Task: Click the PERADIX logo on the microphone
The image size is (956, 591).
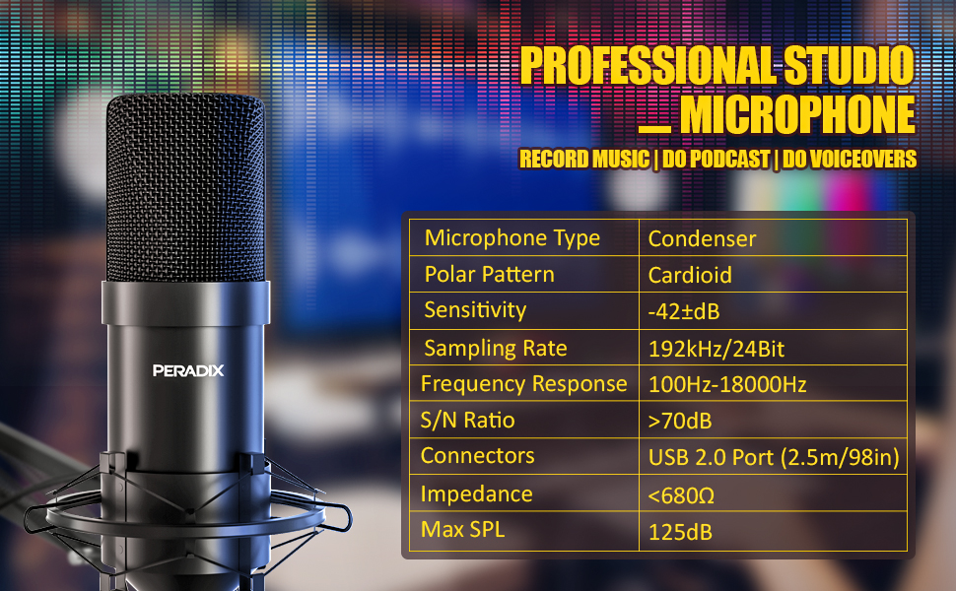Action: tap(188, 370)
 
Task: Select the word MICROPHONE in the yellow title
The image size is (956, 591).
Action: tap(796, 115)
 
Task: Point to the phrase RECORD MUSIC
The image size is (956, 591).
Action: tap(584, 160)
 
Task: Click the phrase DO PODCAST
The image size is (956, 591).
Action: tap(714, 160)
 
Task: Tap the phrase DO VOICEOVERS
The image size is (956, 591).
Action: tap(849, 160)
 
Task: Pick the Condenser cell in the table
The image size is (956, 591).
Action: tap(703, 238)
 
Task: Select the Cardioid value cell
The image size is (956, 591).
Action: tap(690, 275)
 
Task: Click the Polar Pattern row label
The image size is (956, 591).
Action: tap(489, 274)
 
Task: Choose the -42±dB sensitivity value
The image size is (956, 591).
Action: tap(684, 311)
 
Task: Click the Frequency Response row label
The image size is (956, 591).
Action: tap(523, 384)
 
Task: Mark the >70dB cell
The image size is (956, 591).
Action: tap(680, 422)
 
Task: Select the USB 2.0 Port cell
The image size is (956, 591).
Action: tap(773, 458)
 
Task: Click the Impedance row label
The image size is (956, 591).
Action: tap(476, 493)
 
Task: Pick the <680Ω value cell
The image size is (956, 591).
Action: tap(681, 494)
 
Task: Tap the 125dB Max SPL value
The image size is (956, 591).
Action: tap(680, 532)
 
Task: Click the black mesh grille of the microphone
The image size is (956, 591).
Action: tap(185, 187)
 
